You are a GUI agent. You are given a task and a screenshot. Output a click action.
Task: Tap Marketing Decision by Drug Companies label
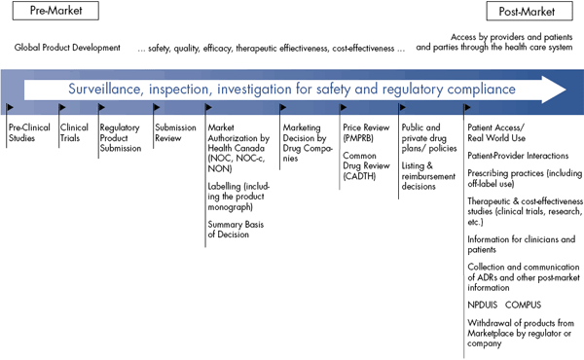[304, 138]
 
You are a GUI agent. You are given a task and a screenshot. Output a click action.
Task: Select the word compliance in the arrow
[479, 89]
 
